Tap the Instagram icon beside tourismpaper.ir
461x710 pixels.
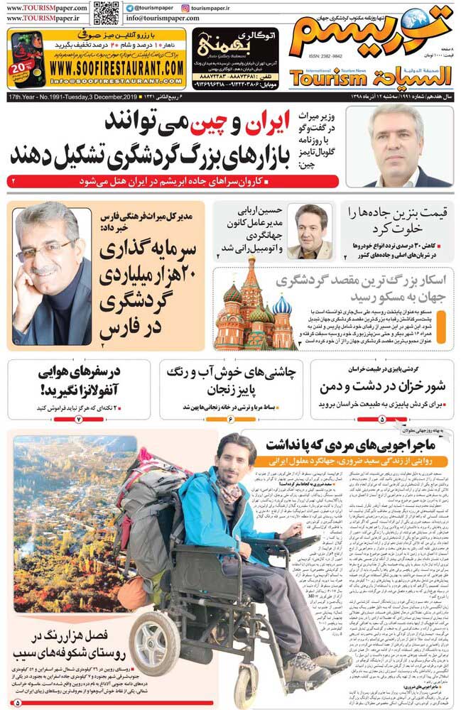pyautogui.click(x=185, y=6)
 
